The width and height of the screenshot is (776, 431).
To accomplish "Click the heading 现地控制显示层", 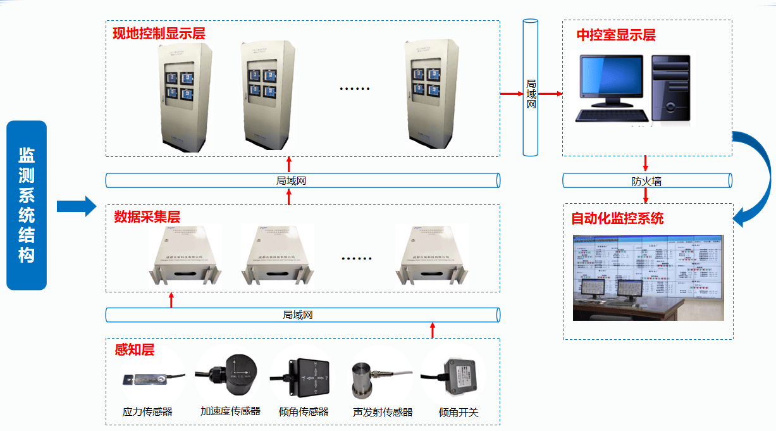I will (159, 33).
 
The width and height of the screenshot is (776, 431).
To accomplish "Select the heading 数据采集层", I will (147, 216).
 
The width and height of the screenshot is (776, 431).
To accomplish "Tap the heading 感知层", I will (134, 349).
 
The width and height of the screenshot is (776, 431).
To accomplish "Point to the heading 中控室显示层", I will (615, 35).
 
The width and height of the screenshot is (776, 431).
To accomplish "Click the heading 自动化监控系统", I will (617, 219).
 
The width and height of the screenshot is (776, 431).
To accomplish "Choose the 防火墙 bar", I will (647, 180).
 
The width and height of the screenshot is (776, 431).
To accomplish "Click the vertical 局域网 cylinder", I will (531, 89).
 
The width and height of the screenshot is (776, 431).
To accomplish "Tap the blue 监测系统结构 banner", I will (27, 205).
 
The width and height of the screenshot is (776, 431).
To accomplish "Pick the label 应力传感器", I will (147, 412).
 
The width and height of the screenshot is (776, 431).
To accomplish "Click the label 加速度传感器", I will (230, 411).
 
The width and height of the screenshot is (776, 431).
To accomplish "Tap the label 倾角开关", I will (459, 413).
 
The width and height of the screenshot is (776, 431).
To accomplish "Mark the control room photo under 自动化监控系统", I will (647, 278).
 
